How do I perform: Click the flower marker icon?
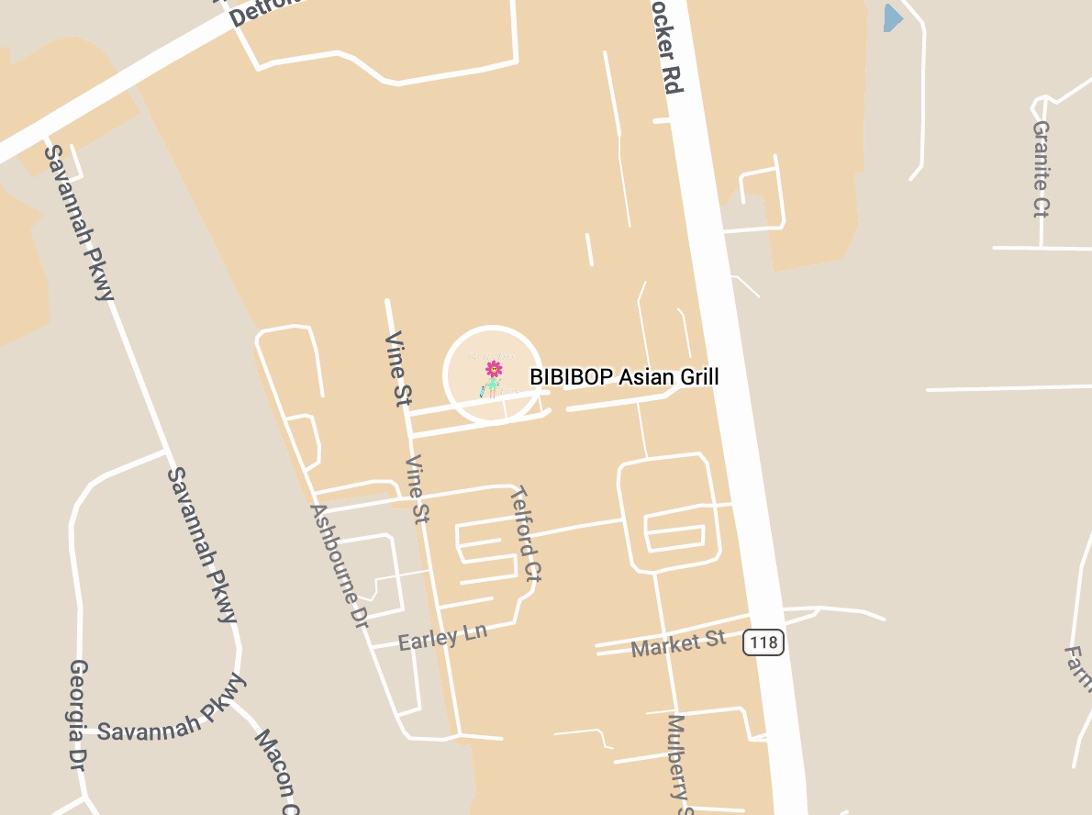point(494,371)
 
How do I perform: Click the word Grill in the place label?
point(698,376)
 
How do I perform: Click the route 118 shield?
point(763,642)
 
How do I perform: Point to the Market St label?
point(678,644)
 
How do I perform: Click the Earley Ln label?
point(442,636)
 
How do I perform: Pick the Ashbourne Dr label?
point(339,564)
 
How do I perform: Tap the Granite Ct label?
point(1042,169)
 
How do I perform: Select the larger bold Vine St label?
point(398,368)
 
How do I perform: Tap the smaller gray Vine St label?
point(418,489)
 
